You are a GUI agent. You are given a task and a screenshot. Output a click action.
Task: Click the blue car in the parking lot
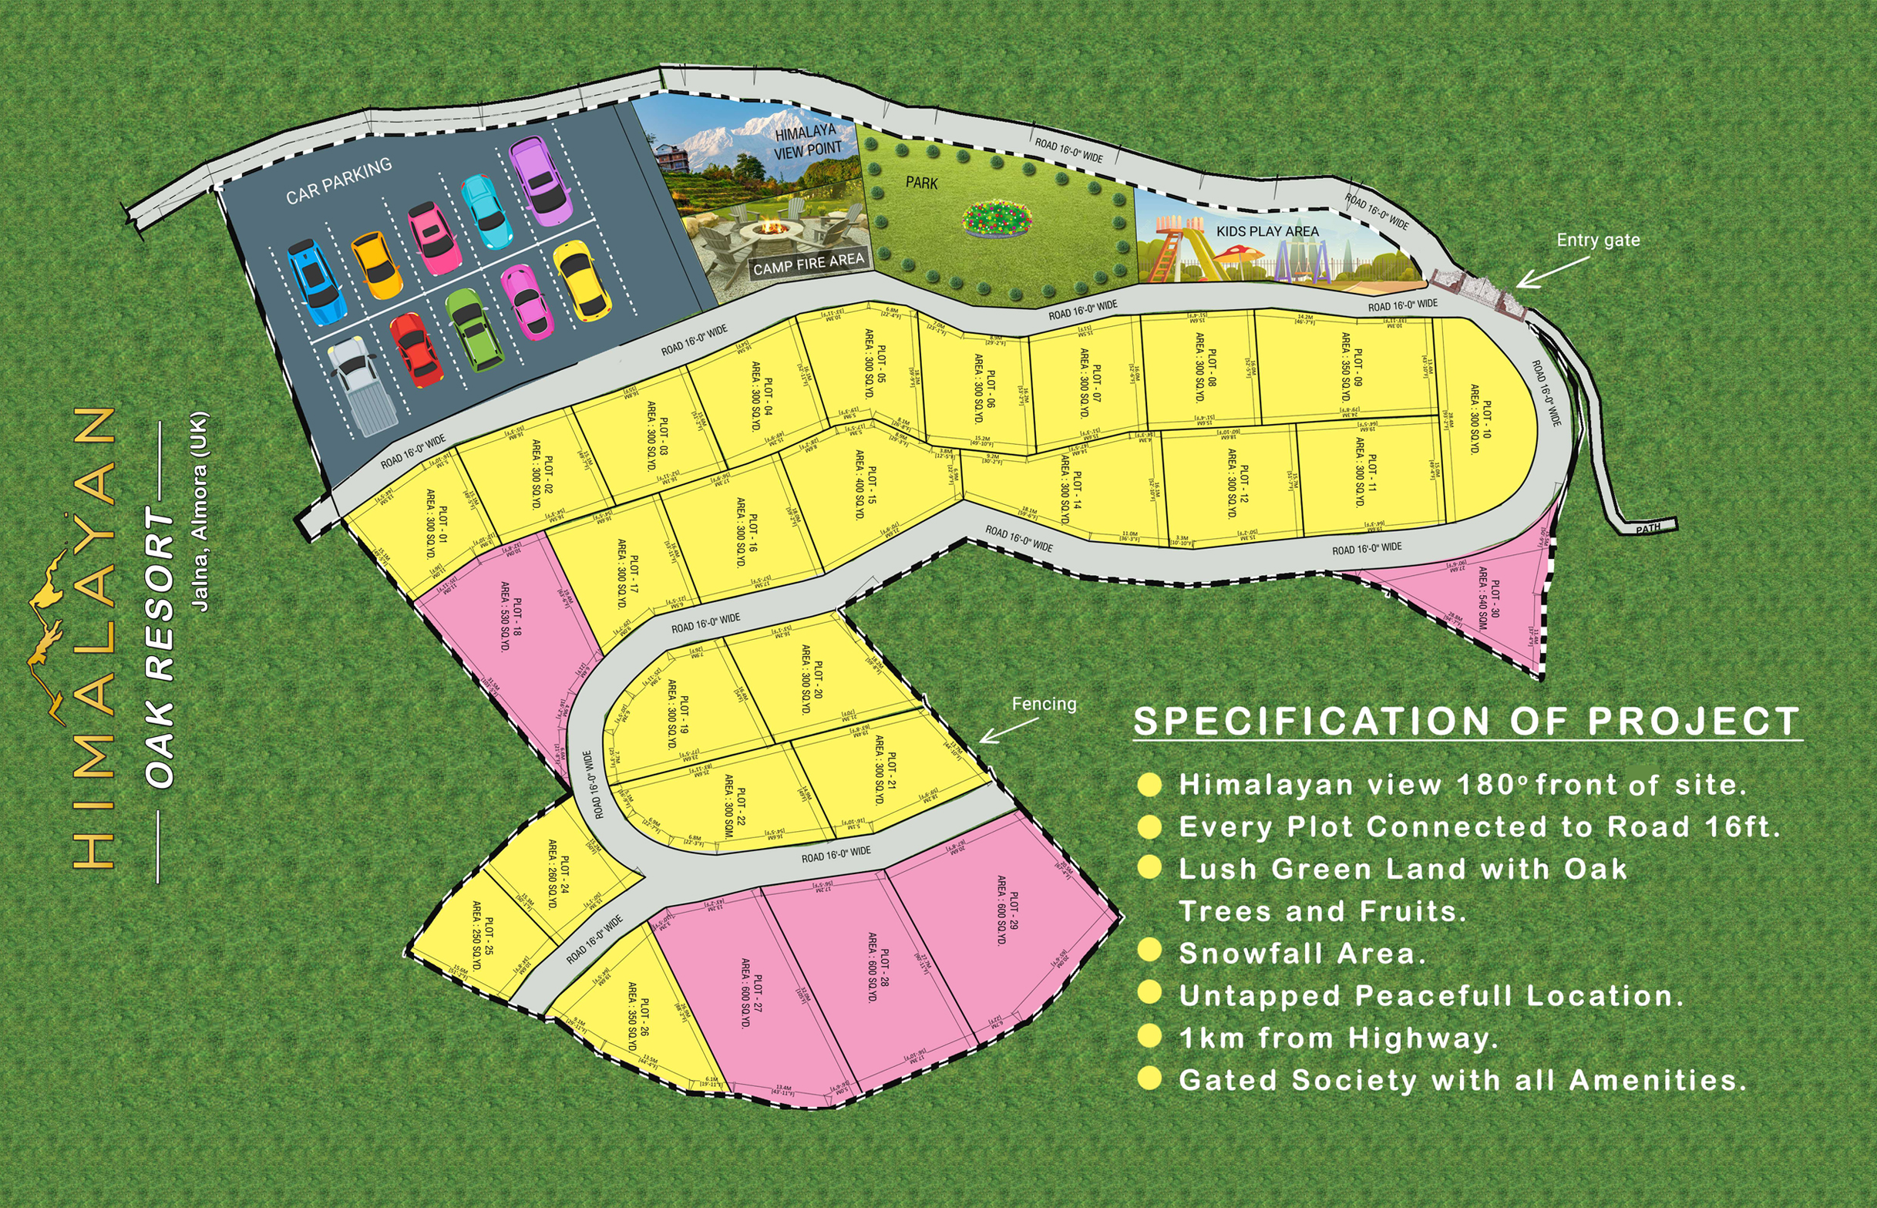[317, 282]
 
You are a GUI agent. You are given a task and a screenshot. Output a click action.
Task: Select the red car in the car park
[415, 350]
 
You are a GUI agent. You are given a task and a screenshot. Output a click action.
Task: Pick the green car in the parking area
[474, 329]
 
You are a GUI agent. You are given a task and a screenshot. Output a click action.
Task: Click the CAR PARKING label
[339, 181]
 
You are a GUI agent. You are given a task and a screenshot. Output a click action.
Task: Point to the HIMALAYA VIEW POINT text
[808, 141]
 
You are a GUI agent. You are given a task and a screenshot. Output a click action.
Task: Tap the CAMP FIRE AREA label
[808, 263]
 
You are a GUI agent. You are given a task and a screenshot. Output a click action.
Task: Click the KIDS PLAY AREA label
[1267, 231]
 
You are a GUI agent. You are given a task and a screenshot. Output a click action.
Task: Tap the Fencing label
[1044, 704]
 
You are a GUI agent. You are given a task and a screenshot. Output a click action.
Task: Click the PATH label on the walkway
[1648, 529]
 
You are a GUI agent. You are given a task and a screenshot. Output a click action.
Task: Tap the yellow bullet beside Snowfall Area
[1149, 950]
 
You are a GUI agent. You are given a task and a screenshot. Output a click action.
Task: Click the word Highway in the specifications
[1423, 1038]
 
